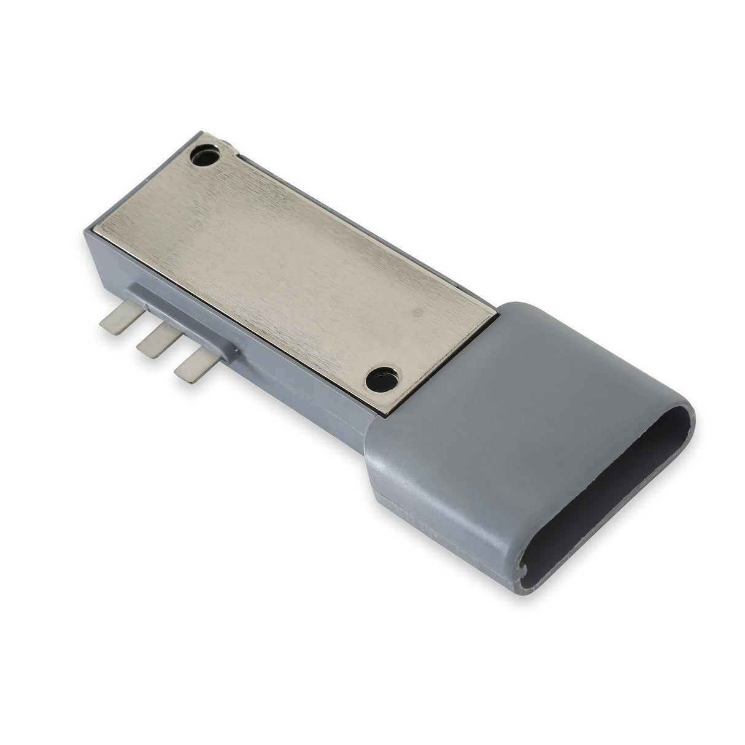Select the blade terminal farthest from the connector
point(116,320)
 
